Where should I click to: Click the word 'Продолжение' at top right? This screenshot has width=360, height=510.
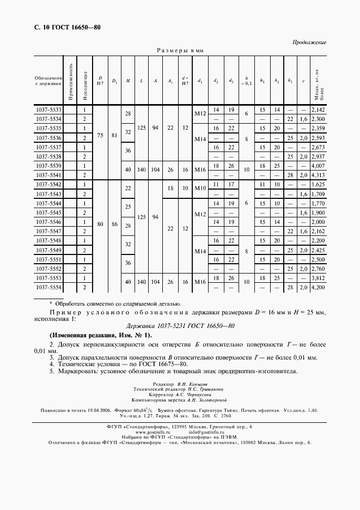[309, 42]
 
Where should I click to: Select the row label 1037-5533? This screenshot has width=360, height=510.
[48, 110]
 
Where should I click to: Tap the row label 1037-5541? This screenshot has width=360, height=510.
[48, 175]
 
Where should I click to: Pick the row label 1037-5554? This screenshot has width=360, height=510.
[48, 287]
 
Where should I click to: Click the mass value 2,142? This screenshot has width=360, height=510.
[319, 110]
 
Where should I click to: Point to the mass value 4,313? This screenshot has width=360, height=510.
[319, 175]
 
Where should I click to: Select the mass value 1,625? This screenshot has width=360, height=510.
[319, 185]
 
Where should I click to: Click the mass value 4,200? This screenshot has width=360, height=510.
[319, 287]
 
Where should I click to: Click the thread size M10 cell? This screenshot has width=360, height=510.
[199, 189]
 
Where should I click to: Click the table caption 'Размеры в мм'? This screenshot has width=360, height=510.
[180, 50]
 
